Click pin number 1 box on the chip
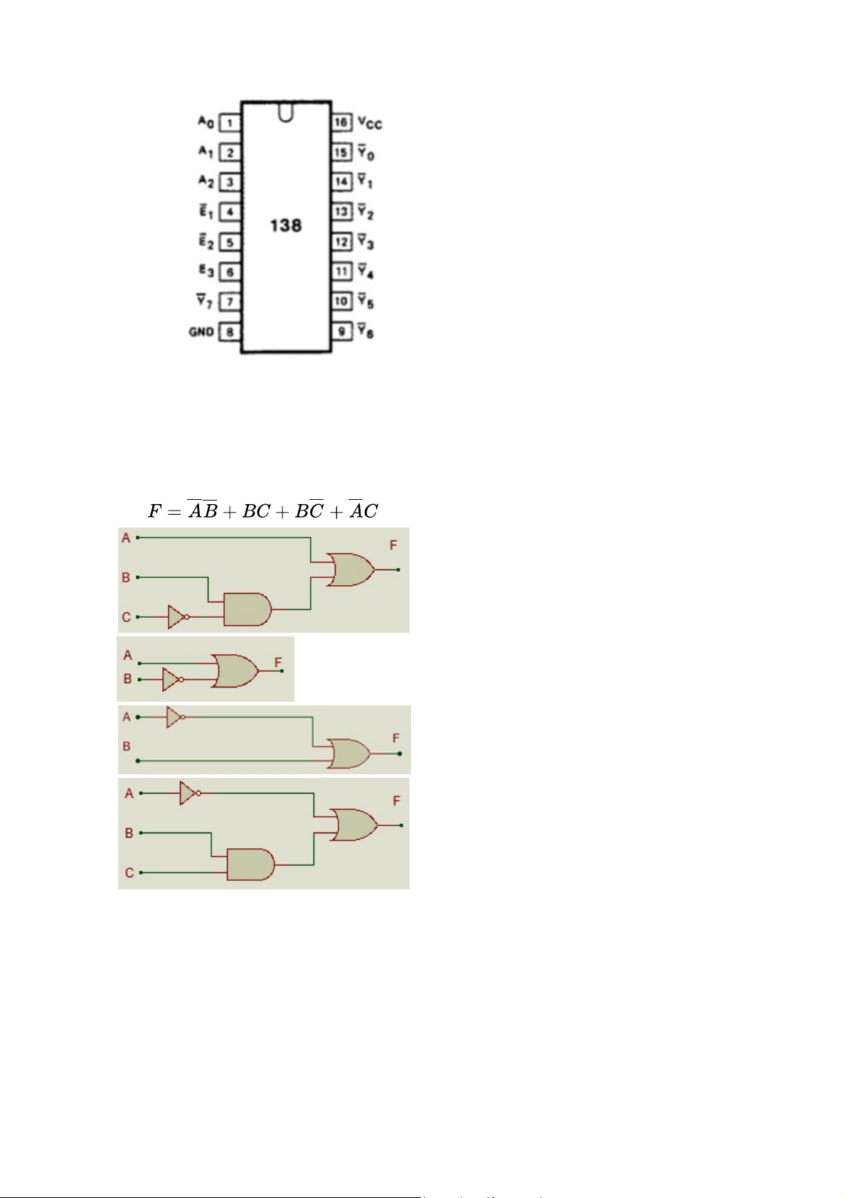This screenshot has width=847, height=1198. tap(230, 123)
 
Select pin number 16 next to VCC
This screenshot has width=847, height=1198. tap(341, 122)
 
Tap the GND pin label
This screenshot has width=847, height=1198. tap(201, 332)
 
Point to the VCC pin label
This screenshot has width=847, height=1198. tap(370, 123)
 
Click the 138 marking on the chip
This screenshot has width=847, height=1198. tap(286, 225)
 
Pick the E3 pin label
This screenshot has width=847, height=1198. tap(206, 271)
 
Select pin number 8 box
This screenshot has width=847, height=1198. tap(230, 332)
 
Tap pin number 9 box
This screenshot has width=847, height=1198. tap(341, 331)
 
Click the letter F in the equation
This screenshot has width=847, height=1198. tap(154, 511)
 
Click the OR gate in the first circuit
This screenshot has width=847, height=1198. tap(351, 569)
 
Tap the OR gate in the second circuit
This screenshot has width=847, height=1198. tap(235, 670)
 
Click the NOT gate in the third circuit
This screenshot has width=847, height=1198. tap(176, 717)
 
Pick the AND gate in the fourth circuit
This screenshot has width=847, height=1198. tap(251, 865)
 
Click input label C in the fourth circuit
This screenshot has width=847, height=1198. tap(129, 873)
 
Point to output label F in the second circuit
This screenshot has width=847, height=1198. tap(277, 663)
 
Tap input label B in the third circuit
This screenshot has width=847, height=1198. tap(127, 746)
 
